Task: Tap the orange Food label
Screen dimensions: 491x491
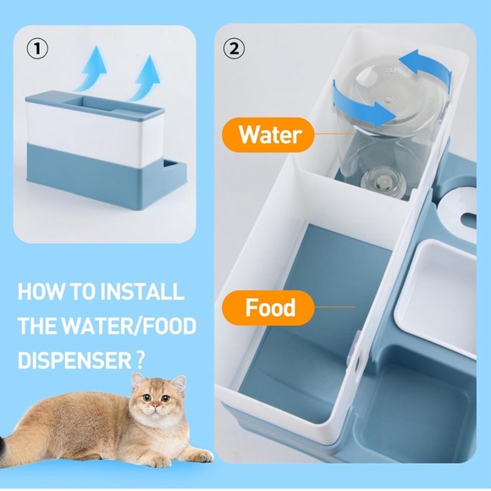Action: (269, 307)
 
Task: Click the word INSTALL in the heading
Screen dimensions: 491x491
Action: (141, 293)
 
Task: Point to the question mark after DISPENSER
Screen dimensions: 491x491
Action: (138, 359)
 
